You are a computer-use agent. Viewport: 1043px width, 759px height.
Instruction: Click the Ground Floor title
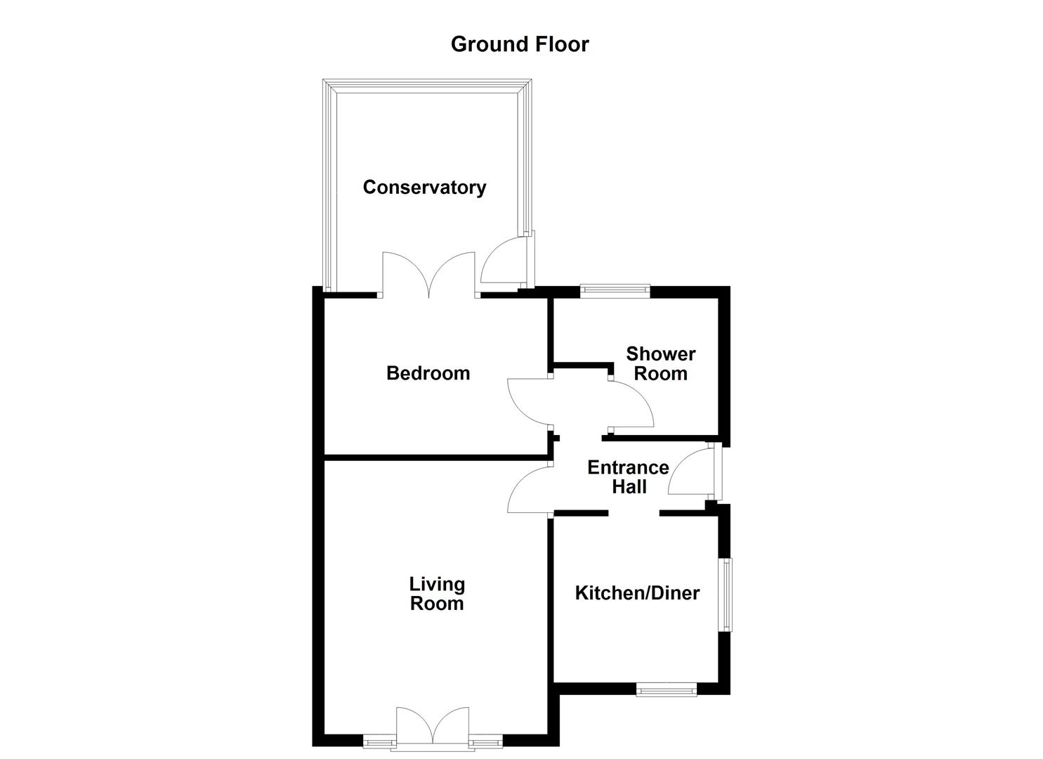[x=520, y=44]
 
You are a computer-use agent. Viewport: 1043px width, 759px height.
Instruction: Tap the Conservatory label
[x=424, y=188]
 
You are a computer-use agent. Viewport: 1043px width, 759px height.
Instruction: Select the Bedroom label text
[x=428, y=373]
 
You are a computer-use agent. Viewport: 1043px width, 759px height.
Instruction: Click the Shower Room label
[x=660, y=363]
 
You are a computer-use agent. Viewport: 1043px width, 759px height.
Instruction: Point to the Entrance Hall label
[x=628, y=476]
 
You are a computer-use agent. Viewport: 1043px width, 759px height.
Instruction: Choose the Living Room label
[x=437, y=594]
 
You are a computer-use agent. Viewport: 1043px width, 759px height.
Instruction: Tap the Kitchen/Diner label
[x=637, y=593]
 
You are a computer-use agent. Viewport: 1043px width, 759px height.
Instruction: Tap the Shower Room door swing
[x=631, y=404]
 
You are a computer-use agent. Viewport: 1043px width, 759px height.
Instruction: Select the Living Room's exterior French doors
[x=433, y=725]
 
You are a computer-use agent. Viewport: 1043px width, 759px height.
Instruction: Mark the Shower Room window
[x=615, y=290]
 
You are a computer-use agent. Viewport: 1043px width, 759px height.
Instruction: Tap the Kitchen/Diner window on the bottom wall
[x=666, y=689]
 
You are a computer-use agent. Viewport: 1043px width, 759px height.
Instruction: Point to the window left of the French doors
[x=379, y=740]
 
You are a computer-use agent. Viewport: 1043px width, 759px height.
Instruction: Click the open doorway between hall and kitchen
[x=634, y=514]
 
